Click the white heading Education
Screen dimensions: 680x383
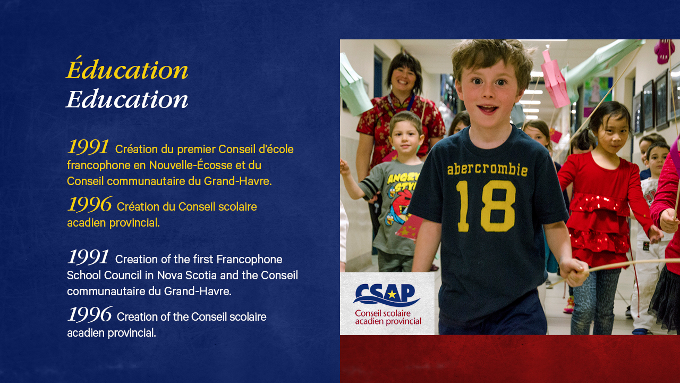pos(127,99)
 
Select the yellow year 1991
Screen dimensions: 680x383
pos(88,147)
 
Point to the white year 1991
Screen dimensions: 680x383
pos(88,257)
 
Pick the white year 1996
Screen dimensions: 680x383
pos(90,314)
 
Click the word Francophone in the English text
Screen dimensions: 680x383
pos(249,260)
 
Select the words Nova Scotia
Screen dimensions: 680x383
pos(186,276)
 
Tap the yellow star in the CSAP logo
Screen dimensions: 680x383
pos(392,294)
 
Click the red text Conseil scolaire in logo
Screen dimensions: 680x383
pos(382,313)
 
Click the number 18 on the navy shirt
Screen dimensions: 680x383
pos(486,206)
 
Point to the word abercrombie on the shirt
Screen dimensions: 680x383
pos(487,169)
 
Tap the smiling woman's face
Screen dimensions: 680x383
pos(403,78)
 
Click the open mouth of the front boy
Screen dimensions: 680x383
pos(487,109)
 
